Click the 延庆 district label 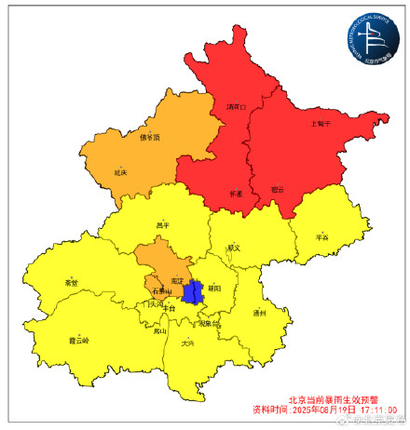tap(120, 172)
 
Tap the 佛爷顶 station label tap(150, 138)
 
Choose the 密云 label tap(277, 190)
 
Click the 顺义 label tap(233, 248)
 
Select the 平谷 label tap(322, 236)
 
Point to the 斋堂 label tap(72, 282)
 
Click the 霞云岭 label tap(79, 341)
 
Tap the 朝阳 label tap(214, 289)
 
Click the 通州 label tap(259, 314)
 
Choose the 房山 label tap(160, 330)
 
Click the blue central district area tap(193, 293)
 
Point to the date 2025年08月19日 tap(322, 409)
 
